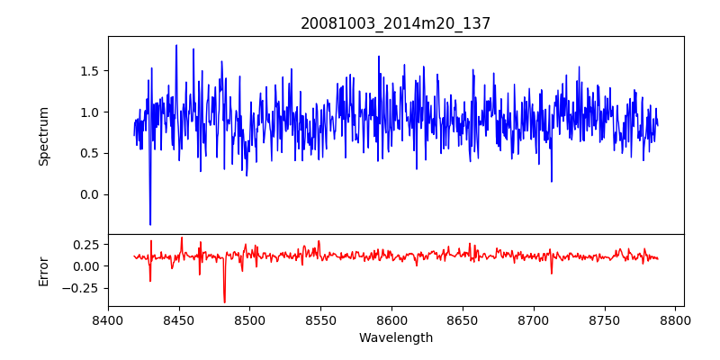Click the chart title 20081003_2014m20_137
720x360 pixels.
coord(396,23)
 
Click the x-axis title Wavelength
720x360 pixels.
coord(396,338)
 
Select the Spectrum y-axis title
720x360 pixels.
coord(43,136)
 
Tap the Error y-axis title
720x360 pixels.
coord(43,271)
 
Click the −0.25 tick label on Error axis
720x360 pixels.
coord(83,288)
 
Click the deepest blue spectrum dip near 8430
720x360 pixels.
coord(150,224)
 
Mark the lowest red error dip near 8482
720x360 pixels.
coord(224,301)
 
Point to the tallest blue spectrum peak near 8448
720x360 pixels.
coord(176,46)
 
